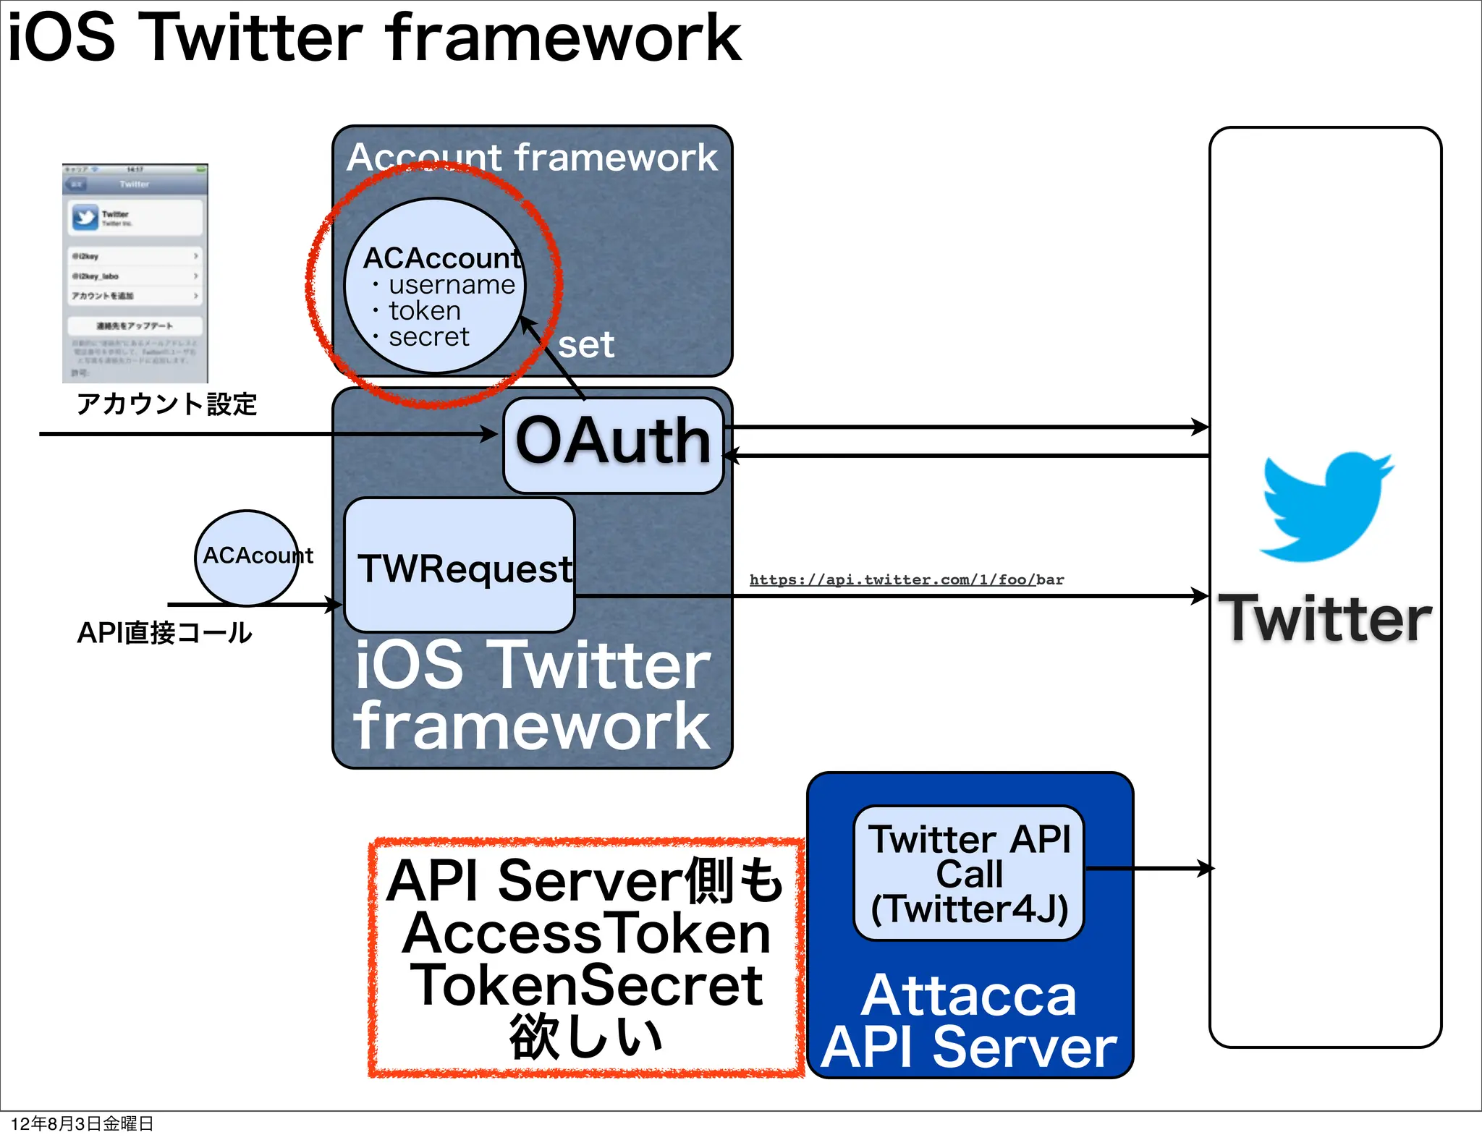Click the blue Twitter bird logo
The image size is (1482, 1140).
1326,507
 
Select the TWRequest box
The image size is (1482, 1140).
460,566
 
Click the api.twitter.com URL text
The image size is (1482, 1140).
906,579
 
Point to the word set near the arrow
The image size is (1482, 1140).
586,345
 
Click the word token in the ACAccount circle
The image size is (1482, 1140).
425,311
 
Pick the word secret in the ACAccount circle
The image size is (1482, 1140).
429,337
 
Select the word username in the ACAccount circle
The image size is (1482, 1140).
452,285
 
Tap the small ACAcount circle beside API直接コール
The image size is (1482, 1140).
247,556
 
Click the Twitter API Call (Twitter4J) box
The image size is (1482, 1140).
968,873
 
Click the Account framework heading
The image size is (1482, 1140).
532,158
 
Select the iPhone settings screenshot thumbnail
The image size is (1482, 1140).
135,273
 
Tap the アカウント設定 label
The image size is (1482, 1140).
166,404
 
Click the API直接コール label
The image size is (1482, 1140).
164,633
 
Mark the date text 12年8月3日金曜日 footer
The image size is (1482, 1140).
82,1123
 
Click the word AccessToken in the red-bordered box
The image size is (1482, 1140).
586,933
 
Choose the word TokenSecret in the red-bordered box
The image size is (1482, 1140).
586,985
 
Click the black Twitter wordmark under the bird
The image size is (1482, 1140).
1325,618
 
